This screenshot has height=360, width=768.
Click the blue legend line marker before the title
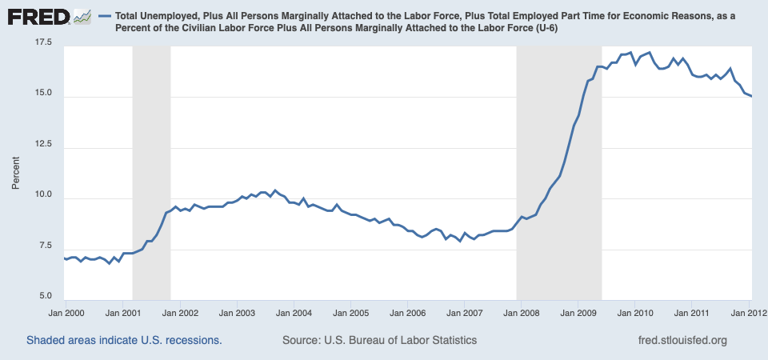point(104,16)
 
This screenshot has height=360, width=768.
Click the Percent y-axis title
point(16,172)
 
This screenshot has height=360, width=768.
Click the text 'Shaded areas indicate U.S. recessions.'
point(124,341)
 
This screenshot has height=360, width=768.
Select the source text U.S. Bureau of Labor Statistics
point(379,341)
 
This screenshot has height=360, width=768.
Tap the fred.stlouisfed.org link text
point(682,341)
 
